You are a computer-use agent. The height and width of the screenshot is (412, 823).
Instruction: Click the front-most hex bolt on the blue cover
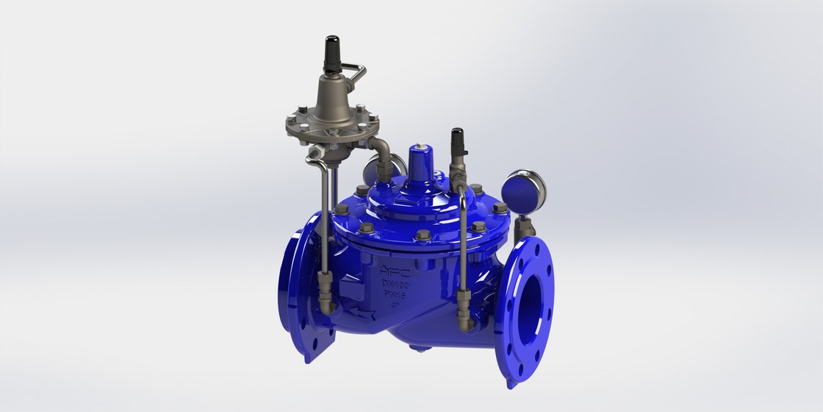424,237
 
